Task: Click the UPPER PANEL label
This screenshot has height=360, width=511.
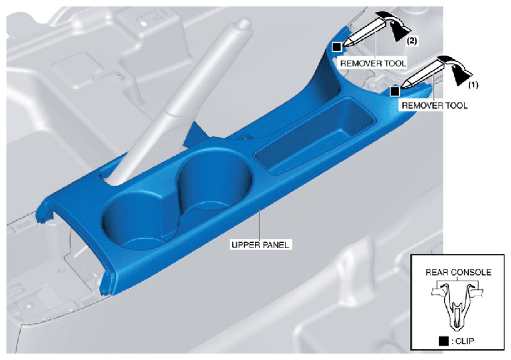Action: tap(260, 244)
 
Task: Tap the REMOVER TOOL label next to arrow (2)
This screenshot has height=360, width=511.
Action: tap(374, 63)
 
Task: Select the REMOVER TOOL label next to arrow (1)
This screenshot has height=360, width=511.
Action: tap(435, 105)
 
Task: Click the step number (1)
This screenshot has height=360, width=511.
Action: tap(473, 85)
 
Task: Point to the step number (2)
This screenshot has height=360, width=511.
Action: tap(412, 41)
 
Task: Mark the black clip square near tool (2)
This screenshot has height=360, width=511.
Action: tap(337, 47)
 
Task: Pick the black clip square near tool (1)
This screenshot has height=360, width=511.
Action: tap(395, 91)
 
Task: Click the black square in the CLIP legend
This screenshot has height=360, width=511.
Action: tap(444, 341)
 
